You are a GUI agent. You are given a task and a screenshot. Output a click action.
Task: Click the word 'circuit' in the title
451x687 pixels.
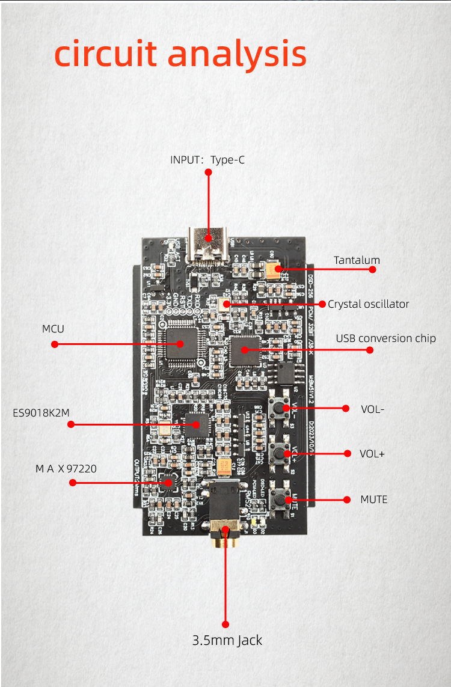point(106,54)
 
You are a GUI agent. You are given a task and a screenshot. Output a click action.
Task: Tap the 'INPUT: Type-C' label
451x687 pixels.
point(207,160)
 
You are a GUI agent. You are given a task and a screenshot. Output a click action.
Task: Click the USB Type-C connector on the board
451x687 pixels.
point(208,246)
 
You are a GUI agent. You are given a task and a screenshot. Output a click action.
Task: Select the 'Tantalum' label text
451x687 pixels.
point(357,260)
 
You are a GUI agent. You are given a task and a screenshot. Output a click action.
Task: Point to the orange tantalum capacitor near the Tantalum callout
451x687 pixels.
point(274,270)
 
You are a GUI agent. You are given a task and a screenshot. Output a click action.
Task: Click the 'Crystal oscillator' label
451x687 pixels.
point(368,304)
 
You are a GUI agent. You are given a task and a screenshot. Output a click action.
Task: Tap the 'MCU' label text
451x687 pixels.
point(53,329)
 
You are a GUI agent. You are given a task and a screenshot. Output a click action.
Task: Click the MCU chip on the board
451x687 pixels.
point(180,343)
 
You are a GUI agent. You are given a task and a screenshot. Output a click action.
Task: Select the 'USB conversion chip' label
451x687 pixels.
point(385,338)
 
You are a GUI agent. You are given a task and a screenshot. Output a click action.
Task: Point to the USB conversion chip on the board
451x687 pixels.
point(245,349)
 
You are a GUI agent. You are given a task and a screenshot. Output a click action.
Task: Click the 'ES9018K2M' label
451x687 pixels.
point(41,413)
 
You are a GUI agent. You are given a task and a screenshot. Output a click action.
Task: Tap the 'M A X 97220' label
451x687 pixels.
point(66,469)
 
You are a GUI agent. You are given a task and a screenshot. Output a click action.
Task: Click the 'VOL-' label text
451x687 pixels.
point(372,409)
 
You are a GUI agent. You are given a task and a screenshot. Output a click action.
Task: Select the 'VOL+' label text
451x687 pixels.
point(372,454)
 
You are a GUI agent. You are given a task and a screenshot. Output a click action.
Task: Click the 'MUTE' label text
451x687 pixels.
point(373,499)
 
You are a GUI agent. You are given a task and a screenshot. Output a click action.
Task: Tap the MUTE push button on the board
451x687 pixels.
point(280,499)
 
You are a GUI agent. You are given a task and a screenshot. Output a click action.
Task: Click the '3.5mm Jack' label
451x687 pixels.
point(227,641)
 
